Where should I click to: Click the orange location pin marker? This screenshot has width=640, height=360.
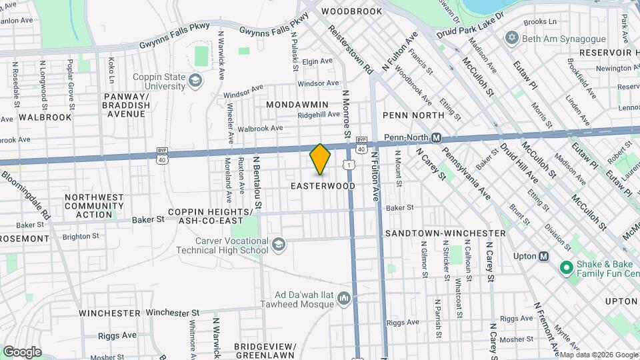coord(321,159)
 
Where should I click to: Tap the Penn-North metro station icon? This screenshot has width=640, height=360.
coord(436,138)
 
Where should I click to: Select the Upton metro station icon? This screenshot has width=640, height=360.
coord(544,256)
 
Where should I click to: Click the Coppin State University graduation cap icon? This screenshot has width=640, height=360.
coord(195,81)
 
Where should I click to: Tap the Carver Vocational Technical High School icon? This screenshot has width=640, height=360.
coord(278,245)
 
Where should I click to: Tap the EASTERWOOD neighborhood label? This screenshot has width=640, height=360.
coord(323,186)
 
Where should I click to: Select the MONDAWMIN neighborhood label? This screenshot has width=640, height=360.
coord(297,105)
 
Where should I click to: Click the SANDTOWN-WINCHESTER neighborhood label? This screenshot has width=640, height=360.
coord(445,233)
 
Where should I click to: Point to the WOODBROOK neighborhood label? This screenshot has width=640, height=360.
coord(351,11)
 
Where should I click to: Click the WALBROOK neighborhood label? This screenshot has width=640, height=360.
coord(45,117)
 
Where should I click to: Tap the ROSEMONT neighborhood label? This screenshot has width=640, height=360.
coord(25,238)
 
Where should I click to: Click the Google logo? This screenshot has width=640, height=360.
coord(22,351)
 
